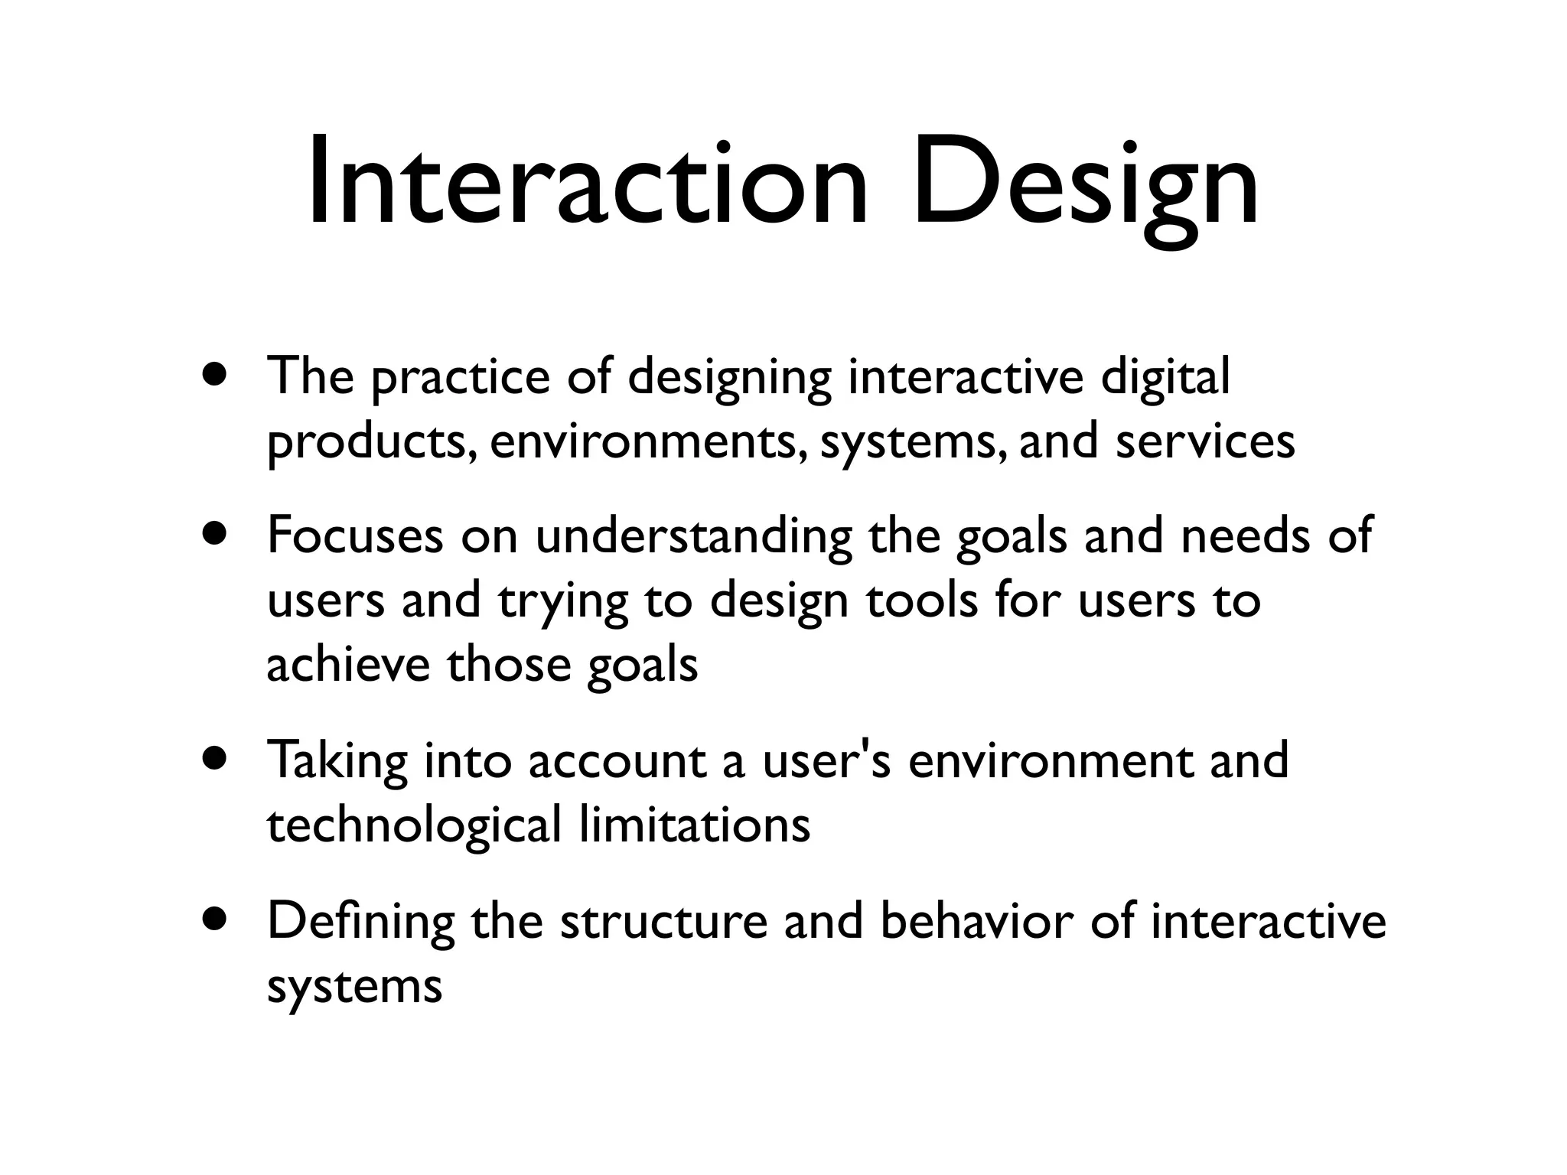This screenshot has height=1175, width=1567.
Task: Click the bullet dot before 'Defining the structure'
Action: point(215,919)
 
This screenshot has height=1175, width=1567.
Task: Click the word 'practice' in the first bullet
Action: point(461,378)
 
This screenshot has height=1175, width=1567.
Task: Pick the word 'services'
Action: point(1205,442)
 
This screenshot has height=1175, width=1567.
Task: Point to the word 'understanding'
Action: point(693,537)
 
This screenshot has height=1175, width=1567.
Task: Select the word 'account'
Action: point(617,761)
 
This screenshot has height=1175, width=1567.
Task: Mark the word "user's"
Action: point(826,761)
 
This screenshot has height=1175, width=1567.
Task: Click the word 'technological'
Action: point(414,826)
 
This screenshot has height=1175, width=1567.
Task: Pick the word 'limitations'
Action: point(695,825)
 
